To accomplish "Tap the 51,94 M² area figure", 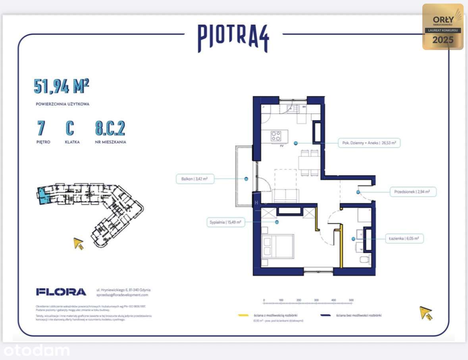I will pos(61,86).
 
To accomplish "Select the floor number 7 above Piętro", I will pos(41,128).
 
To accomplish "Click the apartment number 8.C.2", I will pos(110,128).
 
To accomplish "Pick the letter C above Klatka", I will pos(70,128).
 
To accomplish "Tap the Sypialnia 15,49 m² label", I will pos(225,222).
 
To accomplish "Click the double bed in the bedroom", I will pos(277,246).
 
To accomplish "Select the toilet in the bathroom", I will pos(364,260).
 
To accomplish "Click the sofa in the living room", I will pos(285,195).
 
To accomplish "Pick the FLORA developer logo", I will pos(61,292).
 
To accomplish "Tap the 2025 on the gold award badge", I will pos(443,40).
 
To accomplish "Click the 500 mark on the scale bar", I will pos(351,300).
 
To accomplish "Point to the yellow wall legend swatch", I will pos(243,315).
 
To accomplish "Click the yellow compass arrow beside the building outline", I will pos(79,243).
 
